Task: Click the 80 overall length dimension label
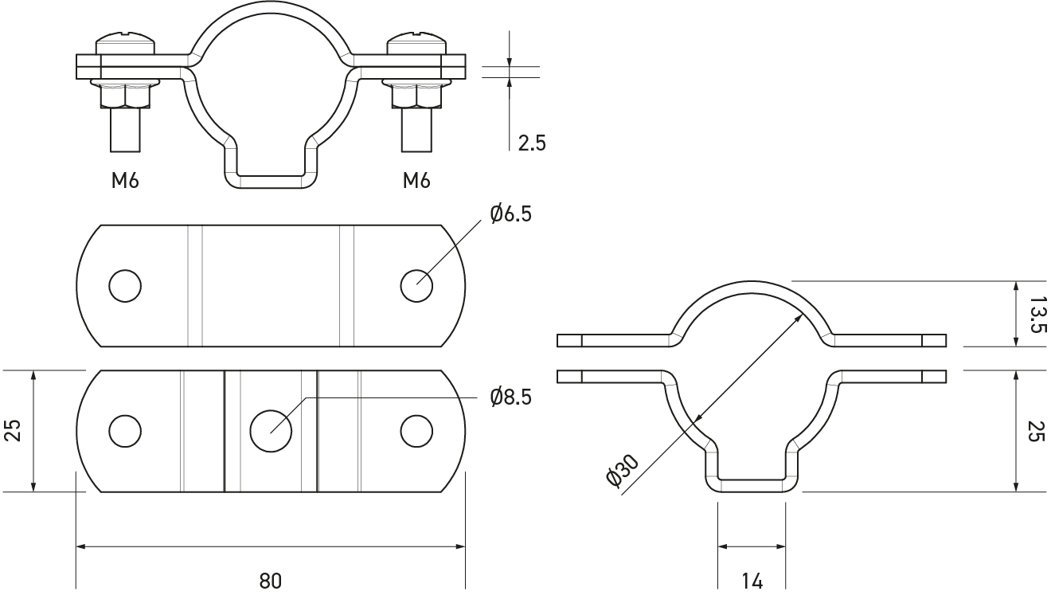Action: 270,581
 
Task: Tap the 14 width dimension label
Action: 752,581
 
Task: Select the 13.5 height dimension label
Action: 1037,314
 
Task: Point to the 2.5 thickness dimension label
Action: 532,143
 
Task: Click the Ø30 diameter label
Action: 623,470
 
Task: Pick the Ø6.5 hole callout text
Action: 511,214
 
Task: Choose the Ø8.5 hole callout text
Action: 511,397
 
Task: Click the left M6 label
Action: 125,180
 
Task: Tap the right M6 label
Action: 416,180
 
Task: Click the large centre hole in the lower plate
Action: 271,431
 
